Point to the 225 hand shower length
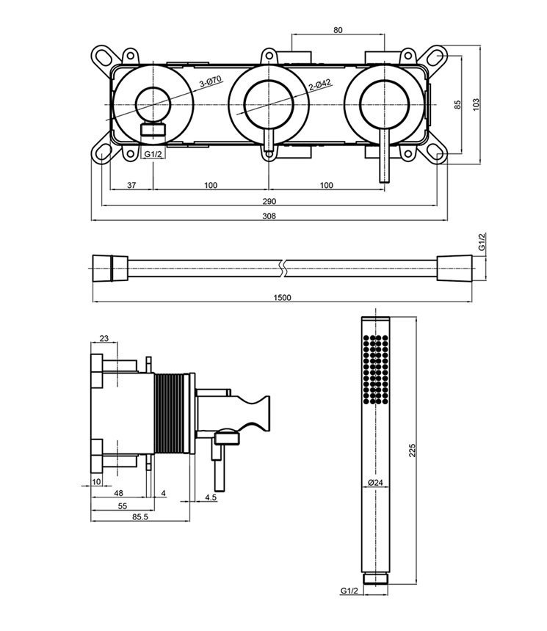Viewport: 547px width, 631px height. tap(412, 450)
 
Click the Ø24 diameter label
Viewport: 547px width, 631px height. tap(374, 482)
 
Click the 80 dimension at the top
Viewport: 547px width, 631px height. tap(338, 30)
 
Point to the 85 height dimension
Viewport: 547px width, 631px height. tap(457, 104)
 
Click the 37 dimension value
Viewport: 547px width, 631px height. tap(131, 185)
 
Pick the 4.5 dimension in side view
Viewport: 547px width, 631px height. tap(211, 497)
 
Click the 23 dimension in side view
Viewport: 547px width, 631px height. tap(104, 338)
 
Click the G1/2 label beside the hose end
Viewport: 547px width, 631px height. tap(482, 242)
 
